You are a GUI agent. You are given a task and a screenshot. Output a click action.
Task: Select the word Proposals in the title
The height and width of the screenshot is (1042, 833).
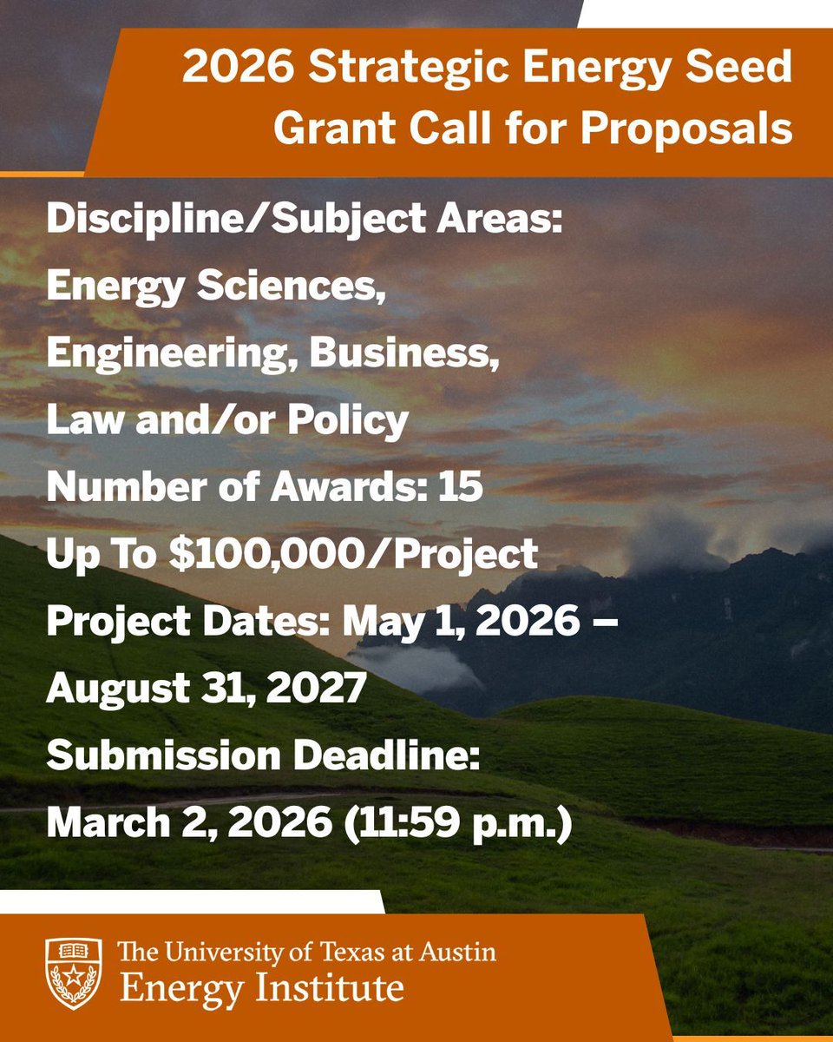coord(686,129)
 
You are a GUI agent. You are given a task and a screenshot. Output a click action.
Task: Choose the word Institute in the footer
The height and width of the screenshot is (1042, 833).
coord(341,987)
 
